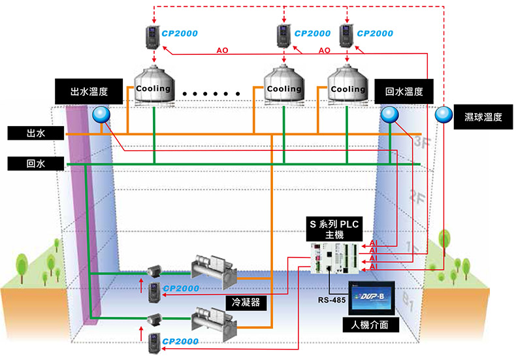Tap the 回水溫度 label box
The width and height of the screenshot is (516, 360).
(x=400, y=91)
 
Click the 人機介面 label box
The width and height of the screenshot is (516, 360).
(x=370, y=324)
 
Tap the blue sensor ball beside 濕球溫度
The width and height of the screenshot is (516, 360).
(x=444, y=115)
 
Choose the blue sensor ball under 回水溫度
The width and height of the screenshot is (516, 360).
(x=390, y=115)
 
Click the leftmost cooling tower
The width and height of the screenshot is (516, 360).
(x=154, y=86)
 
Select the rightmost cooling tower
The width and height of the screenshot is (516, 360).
(x=347, y=86)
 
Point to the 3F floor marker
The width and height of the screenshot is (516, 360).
(x=420, y=144)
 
